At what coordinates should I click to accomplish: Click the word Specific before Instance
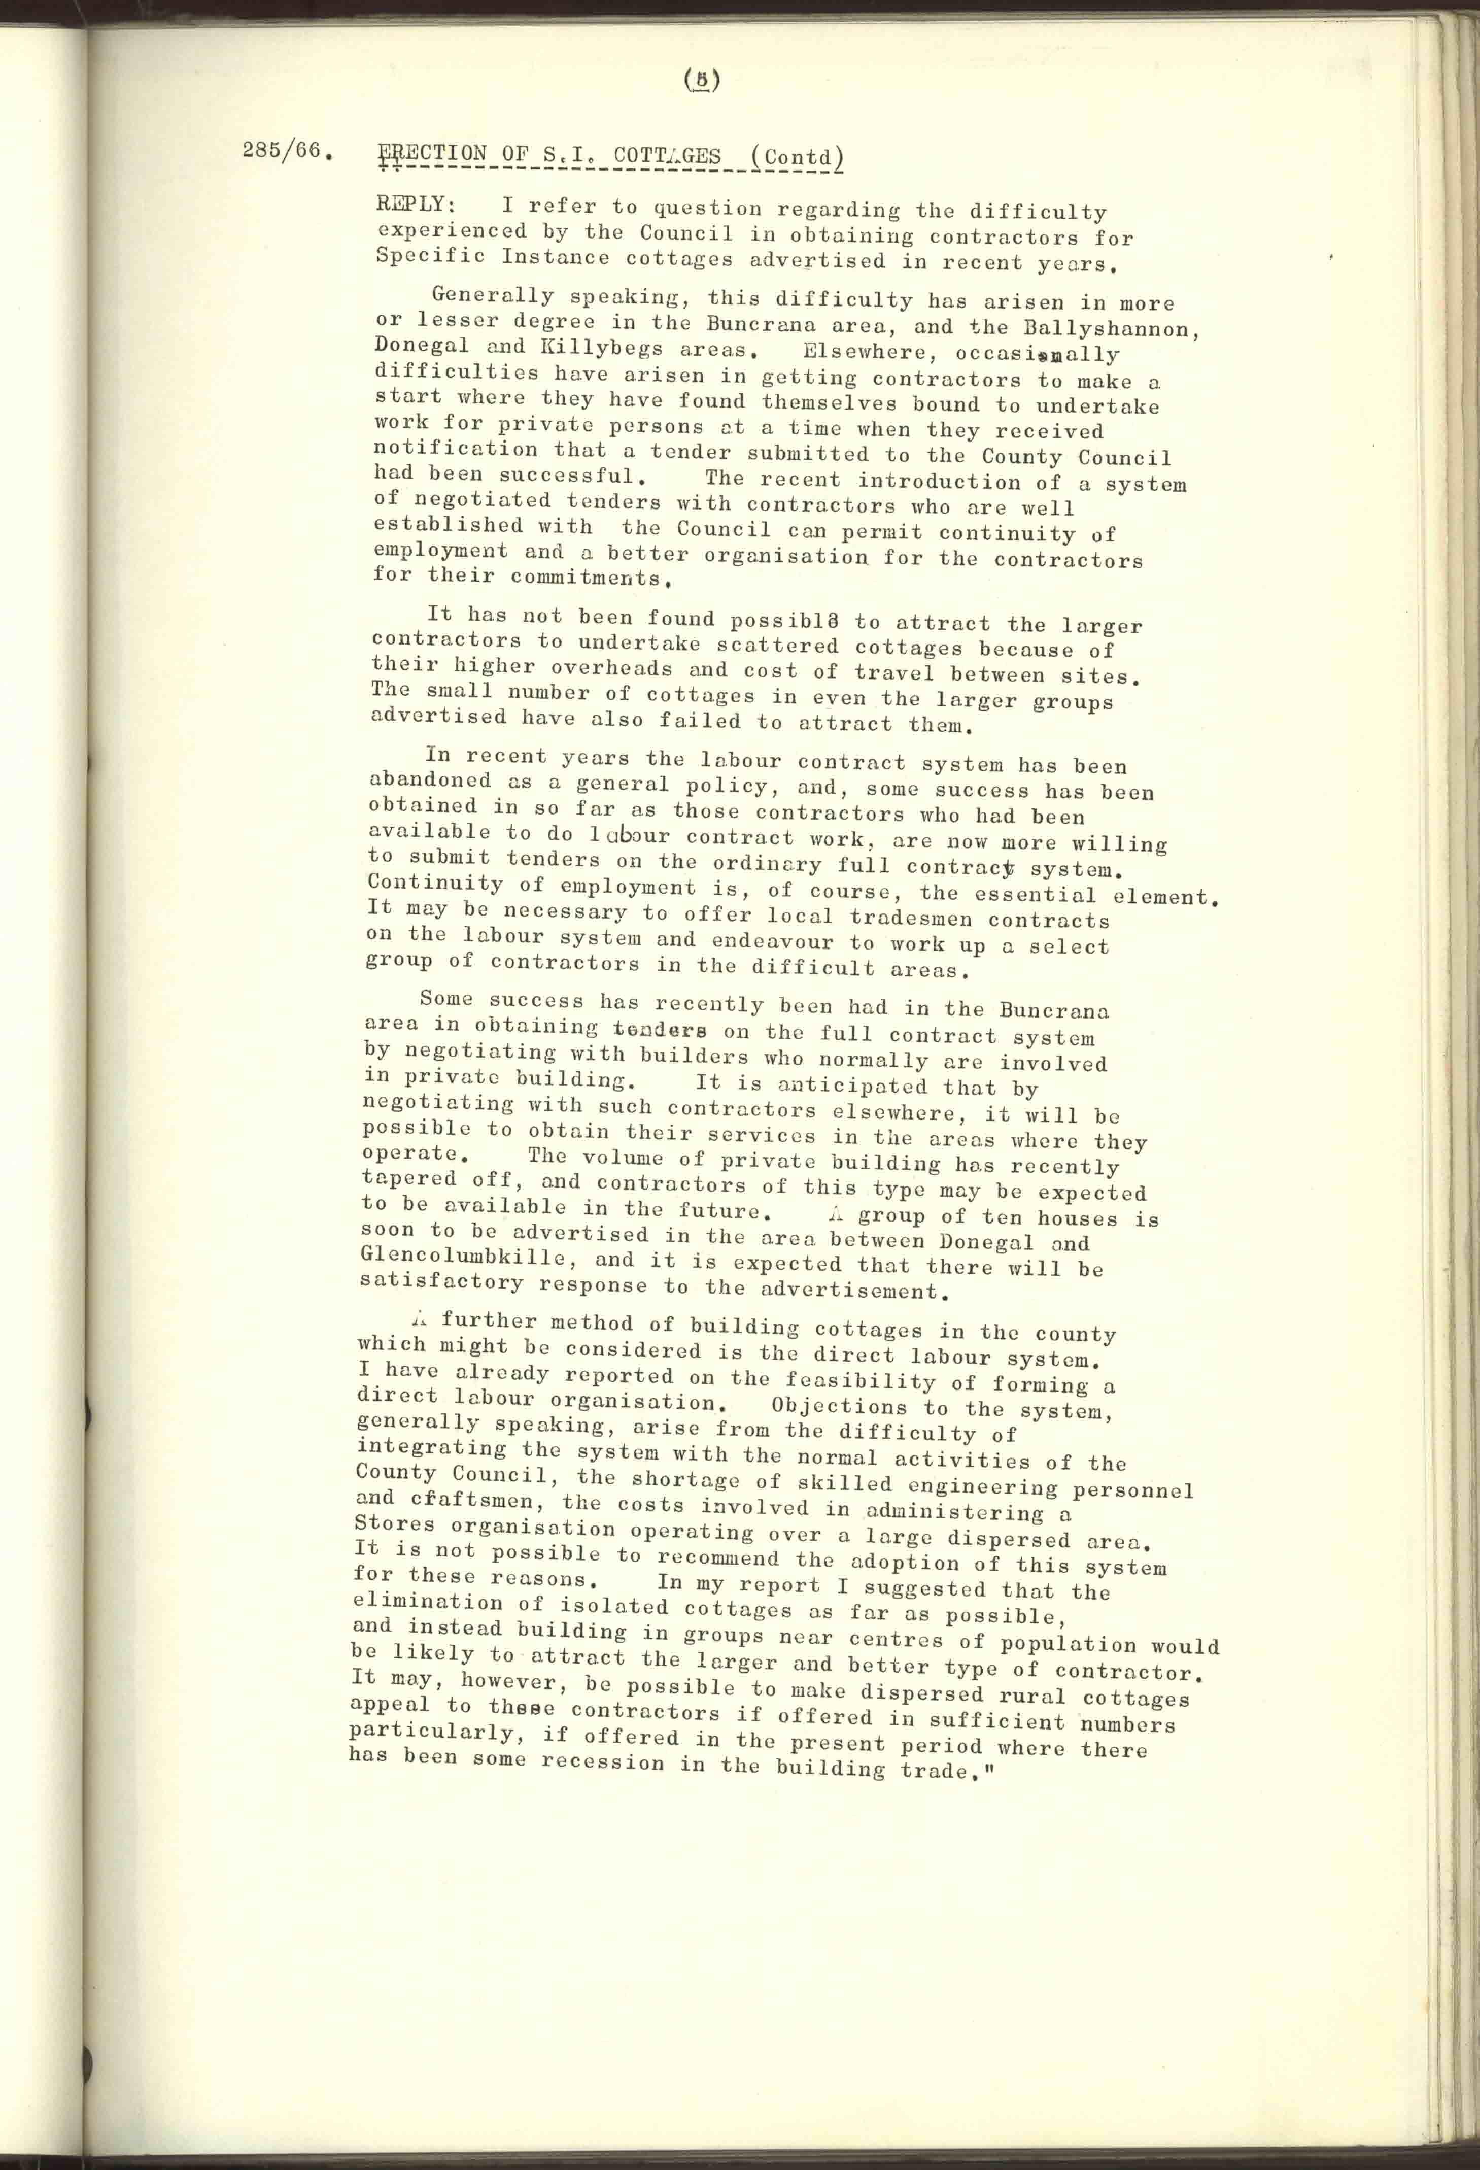[430, 254]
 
